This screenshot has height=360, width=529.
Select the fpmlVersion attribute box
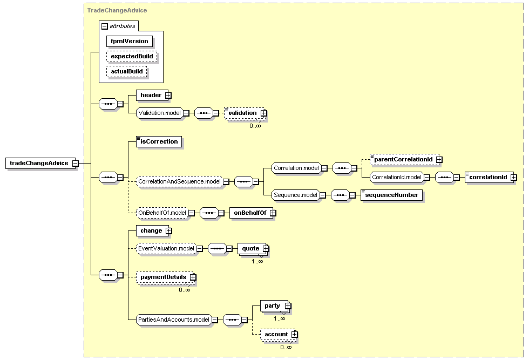click(130, 41)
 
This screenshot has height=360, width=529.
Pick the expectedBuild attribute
click(132, 56)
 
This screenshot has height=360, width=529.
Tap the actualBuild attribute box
click(127, 72)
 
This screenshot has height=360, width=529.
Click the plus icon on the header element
click(168, 96)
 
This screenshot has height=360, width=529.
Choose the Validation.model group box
click(160, 113)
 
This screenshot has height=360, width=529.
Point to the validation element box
click(245, 113)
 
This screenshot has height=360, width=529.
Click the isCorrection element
click(159, 142)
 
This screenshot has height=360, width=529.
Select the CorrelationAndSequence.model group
click(179, 181)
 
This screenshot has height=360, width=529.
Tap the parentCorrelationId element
click(404, 159)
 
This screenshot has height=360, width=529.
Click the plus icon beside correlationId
click(513, 178)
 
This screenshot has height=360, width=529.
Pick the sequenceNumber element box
click(391, 195)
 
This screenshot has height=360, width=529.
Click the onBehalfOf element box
click(252, 213)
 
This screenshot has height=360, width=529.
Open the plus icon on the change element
click(168, 231)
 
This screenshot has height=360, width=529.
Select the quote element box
click(252, 249)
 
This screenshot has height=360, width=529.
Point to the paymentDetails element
click(165, 277)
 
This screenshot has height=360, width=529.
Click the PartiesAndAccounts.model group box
click(174, 320)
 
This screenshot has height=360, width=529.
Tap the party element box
click(274, 305)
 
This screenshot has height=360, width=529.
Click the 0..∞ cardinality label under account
click(286, 347)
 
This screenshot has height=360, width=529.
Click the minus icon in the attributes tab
click(105, 26)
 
